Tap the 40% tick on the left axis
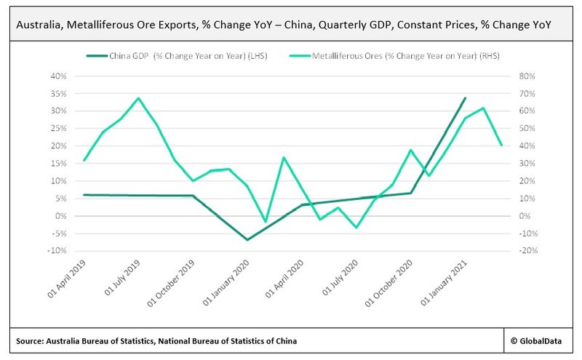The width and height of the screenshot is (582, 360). pos(58,76)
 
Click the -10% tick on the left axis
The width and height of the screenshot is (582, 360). pos(57,251)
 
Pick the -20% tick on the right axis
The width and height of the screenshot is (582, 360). pos(527,251)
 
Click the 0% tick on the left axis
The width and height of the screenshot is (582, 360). pos(61,216)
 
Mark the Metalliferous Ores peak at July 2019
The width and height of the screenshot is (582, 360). pos(138,98)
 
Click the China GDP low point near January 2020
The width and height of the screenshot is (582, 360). pos(247,240)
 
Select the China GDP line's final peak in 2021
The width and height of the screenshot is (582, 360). pos(465,98)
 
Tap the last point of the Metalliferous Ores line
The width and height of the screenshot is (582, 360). pos(501,145)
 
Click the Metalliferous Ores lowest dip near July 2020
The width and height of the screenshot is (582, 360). pos(356,228)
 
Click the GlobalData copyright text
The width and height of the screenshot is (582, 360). pos(538,340)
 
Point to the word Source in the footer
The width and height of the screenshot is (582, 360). pos(31,340)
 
